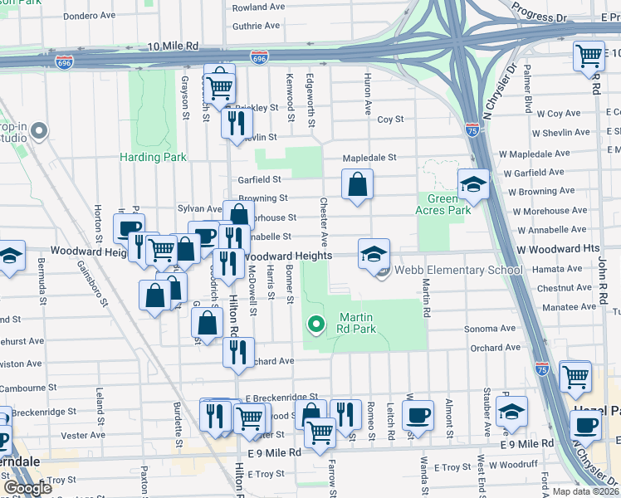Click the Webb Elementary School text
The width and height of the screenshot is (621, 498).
coord(457,270)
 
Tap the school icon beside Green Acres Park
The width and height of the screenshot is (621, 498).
coord(473,184)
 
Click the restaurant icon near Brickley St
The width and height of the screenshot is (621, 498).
coord(236,122)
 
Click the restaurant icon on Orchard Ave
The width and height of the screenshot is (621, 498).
coord(238,352)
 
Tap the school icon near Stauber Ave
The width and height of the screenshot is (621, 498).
coord(511,411)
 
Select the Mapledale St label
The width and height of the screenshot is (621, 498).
coord(371,157)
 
